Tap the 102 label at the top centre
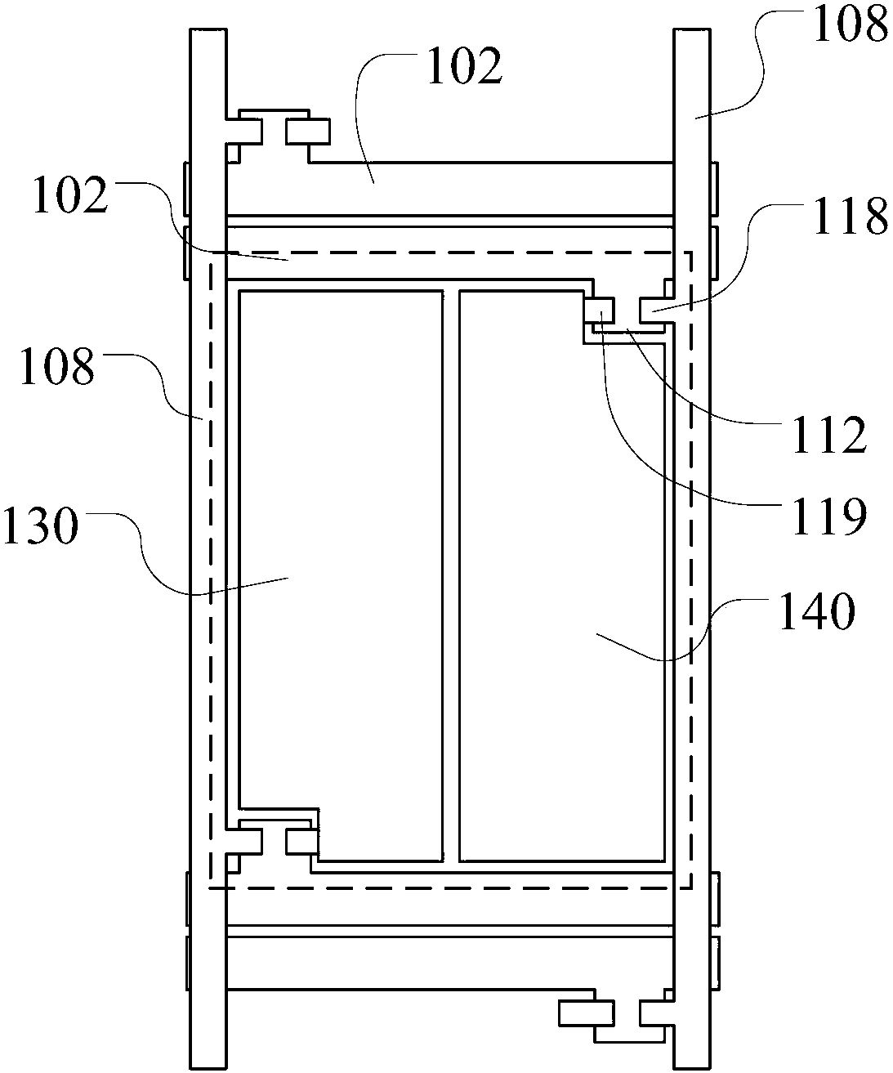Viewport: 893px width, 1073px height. coord(464,65)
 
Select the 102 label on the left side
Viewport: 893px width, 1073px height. coord(70,194)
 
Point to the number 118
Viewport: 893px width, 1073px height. coord(851,215)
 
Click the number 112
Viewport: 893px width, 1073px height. coord(829,435)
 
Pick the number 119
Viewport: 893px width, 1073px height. coord(829,516)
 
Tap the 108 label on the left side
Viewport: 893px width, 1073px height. coord(57,365)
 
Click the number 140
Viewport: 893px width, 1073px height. coord(817,611)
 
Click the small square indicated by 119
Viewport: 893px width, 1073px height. coord(599,311)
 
